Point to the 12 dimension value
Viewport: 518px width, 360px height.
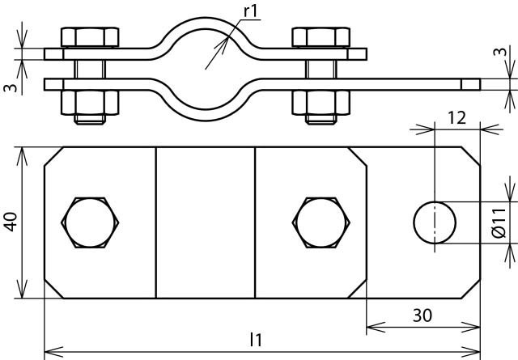(456, 118)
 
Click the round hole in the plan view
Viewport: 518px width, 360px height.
(435, 222)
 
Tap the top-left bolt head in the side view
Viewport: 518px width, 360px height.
(89, 37)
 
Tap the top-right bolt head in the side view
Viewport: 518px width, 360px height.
(321, 37)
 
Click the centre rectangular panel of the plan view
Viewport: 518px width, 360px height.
(206, 222)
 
